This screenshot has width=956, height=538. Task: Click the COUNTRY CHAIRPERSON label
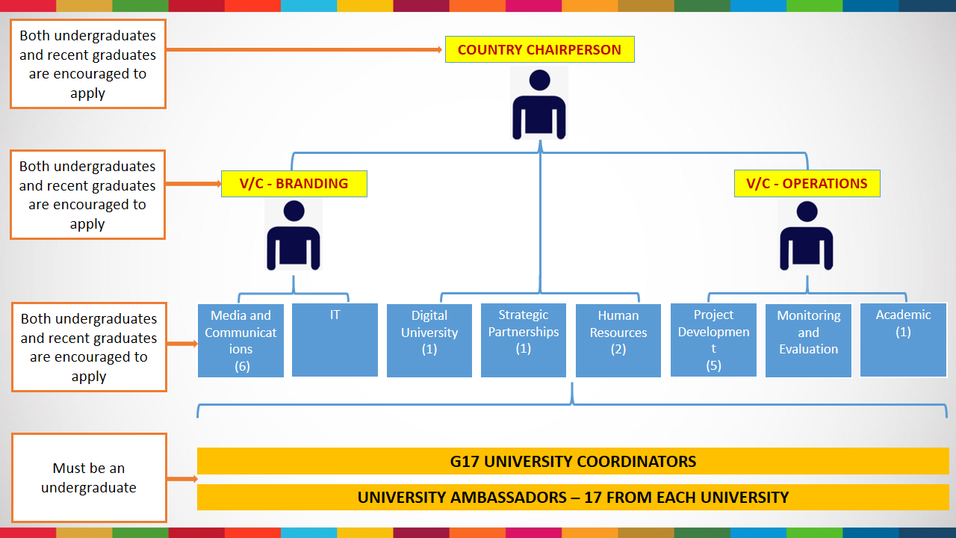coord(539,50)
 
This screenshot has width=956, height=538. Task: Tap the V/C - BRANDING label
coord(294,184)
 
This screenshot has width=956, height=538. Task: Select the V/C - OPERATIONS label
coord(807,184)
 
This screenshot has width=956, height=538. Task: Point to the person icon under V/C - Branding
coord(294,235)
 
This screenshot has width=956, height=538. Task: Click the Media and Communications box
coord(240,340)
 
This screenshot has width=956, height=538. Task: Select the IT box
coord(335,340)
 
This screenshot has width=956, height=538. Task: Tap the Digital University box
coord(429,340)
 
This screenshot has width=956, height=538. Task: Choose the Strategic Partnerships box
coord(524,340)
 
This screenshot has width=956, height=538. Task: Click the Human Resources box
coord(618,340)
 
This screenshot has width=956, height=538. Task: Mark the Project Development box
coord(713,340)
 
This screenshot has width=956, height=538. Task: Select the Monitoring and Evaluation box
coord(808,340)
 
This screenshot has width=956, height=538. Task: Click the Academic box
coord(903,340)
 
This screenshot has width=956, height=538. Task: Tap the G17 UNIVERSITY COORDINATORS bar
coord(573,461)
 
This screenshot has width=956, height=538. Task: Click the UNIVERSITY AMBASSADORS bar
coord(573,497)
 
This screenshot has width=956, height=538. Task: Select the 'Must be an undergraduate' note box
coord(89,478)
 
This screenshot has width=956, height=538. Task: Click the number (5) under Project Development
coord(713,365)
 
